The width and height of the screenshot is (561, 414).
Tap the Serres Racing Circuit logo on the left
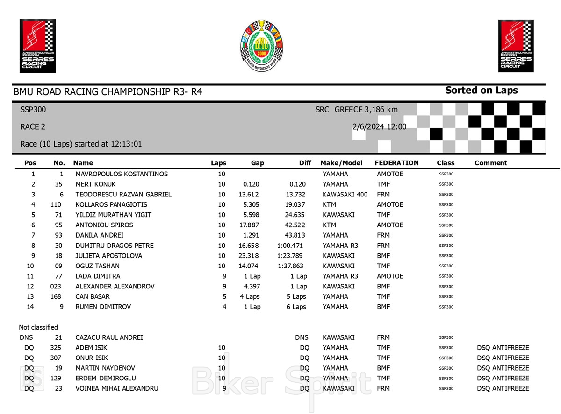[38, 46]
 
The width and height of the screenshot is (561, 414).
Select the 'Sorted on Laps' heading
[481, 91]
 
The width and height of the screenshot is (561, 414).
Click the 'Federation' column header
[396, 163]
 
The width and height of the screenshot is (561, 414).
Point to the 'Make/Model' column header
[341, 163]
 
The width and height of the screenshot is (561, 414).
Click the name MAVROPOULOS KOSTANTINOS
[122, 174]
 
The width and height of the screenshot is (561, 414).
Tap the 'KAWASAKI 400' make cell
[345, 195]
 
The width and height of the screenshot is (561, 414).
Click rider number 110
[56, 205]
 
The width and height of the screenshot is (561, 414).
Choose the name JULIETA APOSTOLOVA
[109, 256]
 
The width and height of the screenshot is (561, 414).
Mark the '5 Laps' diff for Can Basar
[296, 297]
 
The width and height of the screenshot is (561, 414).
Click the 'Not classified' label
[38, 327]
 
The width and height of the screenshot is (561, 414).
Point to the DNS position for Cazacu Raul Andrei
[26, 337]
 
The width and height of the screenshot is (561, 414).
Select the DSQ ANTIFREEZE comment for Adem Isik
[503, 348]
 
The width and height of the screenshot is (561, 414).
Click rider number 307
[56, 358]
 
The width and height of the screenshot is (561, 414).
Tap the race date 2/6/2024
[368, 126]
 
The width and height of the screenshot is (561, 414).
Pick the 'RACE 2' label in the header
[33, 126]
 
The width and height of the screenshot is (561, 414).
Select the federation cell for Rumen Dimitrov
[383, 307]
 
